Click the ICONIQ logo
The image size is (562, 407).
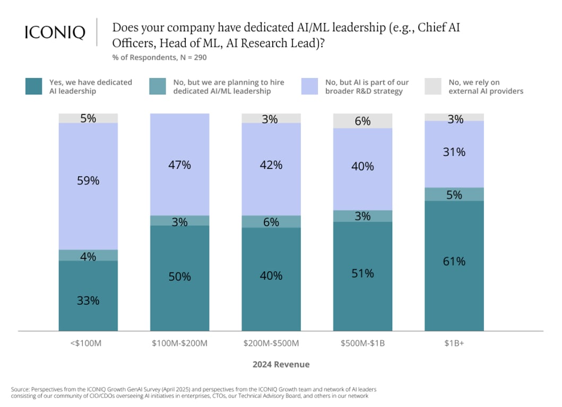coord(55,32)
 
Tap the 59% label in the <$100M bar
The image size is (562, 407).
coord(88,180)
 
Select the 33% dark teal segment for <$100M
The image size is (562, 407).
coord(88,296)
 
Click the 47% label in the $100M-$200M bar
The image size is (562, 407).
coord(179,165)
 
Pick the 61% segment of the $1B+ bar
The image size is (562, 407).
coord(454,266)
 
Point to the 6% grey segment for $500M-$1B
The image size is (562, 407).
coord(363,121)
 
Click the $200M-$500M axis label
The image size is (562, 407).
coord(271,343)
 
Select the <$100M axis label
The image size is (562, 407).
coord(88,343)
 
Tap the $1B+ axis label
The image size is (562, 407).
coord(454,343)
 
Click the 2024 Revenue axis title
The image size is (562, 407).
coord(281,365)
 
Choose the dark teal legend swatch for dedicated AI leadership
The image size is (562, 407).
coord(34,86)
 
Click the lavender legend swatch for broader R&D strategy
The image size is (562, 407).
coord(310,86)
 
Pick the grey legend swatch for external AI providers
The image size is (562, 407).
coord(434,86)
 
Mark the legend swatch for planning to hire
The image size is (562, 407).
coord(158,86)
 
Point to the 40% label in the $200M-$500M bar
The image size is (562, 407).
coord(271,276)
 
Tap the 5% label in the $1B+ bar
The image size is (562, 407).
coord(454,194)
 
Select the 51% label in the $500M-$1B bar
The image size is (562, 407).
coord(363,273)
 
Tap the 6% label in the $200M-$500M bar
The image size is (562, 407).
coord(271,222)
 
